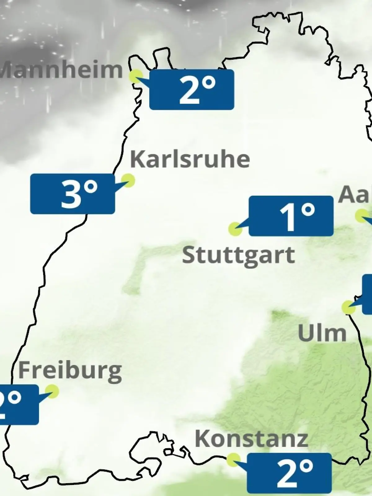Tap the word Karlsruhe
190,159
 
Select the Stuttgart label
238,255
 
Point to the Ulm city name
322,333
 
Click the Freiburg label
70,371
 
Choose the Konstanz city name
251,439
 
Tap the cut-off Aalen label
355,195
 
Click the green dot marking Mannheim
136,76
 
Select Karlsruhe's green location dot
128,180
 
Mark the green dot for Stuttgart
235,229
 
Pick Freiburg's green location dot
52,392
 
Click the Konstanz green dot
233,460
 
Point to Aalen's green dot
361,216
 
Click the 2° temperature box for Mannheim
192,90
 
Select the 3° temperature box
73,194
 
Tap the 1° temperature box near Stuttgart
291,216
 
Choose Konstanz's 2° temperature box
289,473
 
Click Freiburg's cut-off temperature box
19,405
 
